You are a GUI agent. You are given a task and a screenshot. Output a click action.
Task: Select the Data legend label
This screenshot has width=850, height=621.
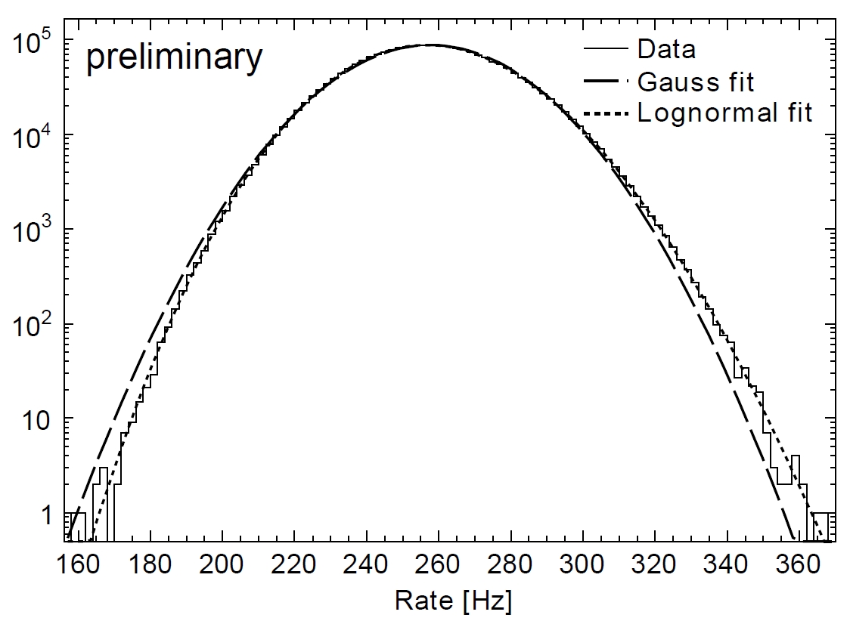coord(666,50)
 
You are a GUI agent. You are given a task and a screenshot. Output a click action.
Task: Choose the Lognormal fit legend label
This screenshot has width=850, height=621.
coord(724,113)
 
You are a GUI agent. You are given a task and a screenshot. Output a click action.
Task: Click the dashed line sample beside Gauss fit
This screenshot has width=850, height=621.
coord(606,81)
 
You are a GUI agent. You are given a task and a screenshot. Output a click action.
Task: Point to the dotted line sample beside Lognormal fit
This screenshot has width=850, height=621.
coord(606,114)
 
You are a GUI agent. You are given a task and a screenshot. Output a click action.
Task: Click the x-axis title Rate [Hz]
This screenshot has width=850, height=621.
coord(453,601)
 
